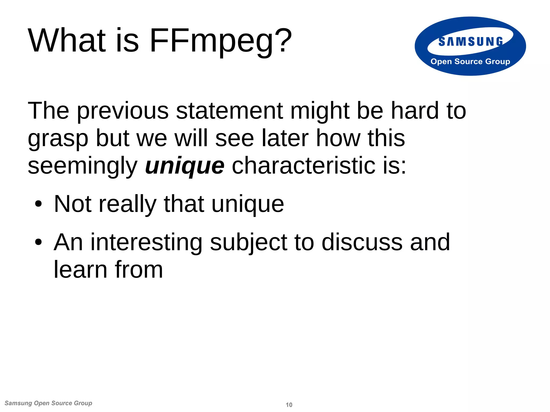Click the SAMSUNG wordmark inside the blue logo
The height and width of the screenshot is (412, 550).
pyautogui.click(x=471, y=42)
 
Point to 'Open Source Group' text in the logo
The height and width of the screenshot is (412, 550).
pyautogui.click(x=470, y=61)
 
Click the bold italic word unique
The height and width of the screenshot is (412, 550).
pyautogui.click(x=184, y=166)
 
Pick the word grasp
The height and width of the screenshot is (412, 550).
pyautogui.click(x=58, y=139)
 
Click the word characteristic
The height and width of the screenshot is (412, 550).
pyautogui.click(x=303, y=166)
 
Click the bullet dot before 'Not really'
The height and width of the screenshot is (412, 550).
pyautogui.click(x=38, y=204)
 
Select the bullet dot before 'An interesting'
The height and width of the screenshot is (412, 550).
pyautogui.click(x=38, y=242)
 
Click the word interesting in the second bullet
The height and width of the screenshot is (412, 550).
pyautogui.click(x=146, y=242)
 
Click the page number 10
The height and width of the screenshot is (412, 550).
pyautogui.click(x=289, y=405)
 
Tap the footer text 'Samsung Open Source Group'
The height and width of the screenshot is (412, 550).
pyautogui.click(x=48, y=403)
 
